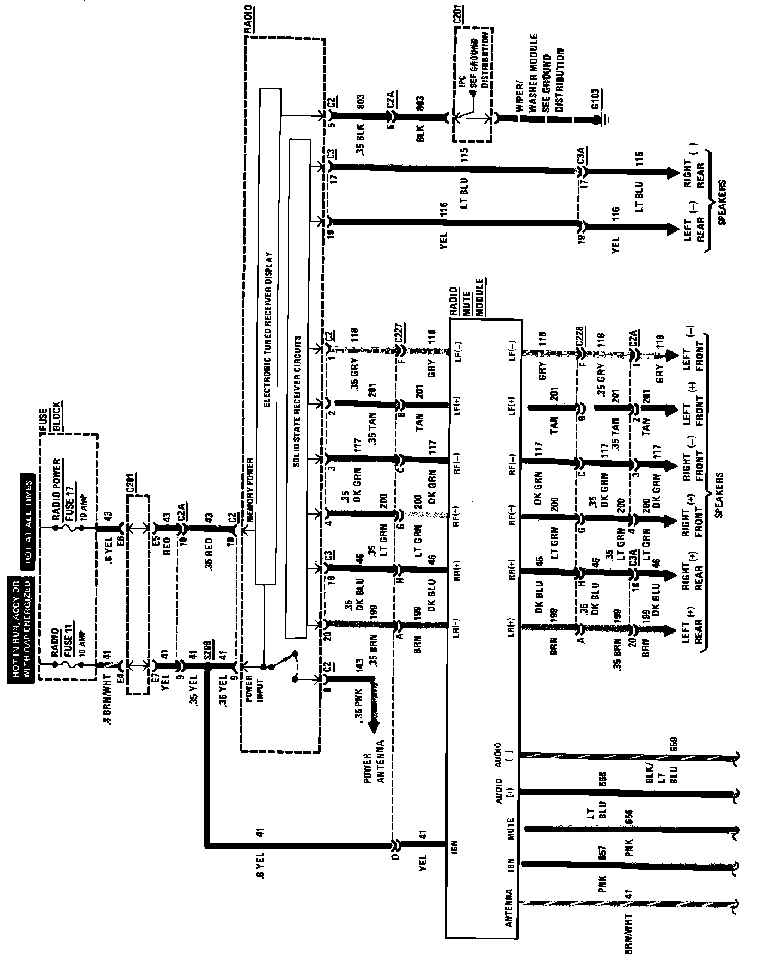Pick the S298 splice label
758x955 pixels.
(207, 651)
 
